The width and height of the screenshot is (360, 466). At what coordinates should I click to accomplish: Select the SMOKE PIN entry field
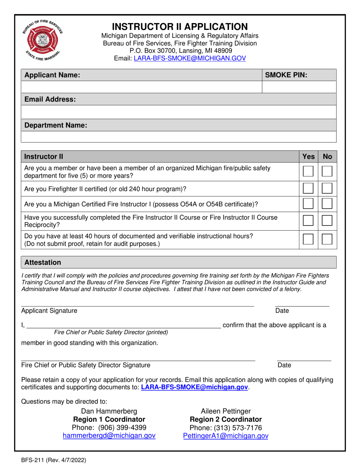pos(299,87)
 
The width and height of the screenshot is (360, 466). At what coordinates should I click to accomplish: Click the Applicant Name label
pos(52,75)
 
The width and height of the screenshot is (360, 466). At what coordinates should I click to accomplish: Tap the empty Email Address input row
pos(178,112)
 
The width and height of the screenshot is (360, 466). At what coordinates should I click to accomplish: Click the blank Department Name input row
pos(178,137)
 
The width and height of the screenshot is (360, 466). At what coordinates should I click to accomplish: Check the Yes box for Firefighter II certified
pos(308,188)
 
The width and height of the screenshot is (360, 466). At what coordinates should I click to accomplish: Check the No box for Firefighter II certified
pos(327,188)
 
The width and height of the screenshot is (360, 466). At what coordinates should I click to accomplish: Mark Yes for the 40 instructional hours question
pos(308,239)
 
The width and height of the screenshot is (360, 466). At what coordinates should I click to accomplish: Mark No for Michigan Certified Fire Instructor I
pos(327,205)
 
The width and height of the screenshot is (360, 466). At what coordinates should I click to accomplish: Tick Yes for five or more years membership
pos(308,172)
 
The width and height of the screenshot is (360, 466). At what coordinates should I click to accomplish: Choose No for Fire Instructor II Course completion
pos(327,221)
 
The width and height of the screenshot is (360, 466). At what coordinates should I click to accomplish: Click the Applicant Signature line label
pos(49,311)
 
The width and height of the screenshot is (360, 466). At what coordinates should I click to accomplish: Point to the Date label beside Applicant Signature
pos(282,311)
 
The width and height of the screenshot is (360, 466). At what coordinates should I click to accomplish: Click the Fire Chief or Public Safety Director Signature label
pos(85,365)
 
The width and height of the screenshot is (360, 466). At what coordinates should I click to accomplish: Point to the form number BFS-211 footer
pos(53,460)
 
